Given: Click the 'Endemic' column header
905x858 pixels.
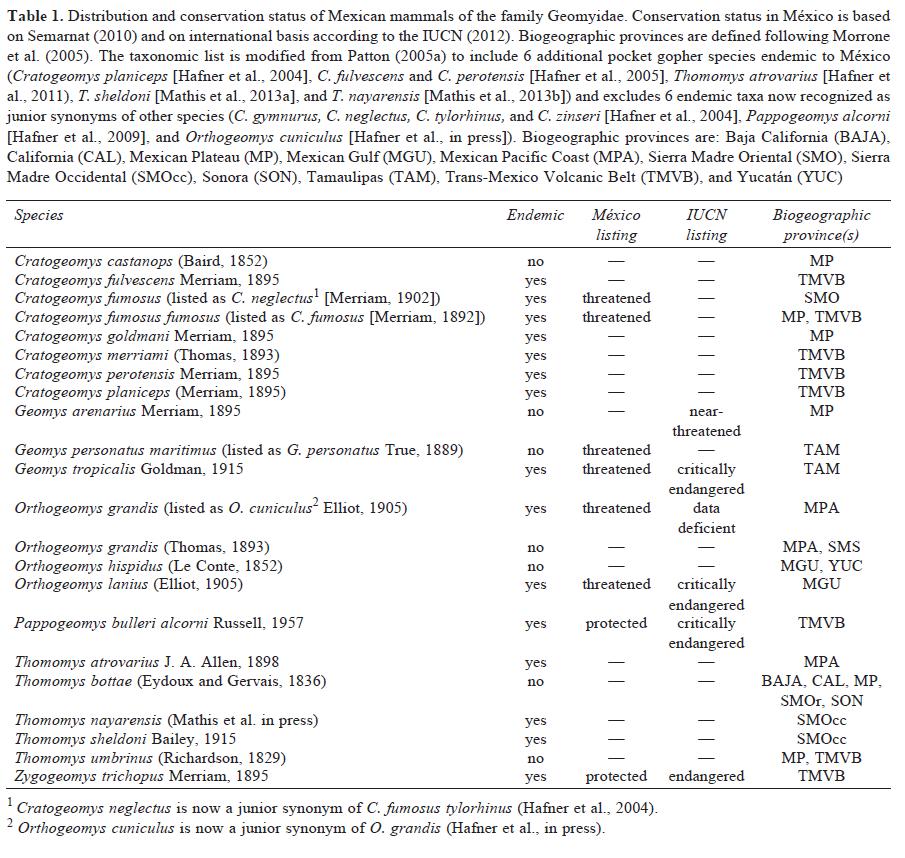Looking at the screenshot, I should (535, 215).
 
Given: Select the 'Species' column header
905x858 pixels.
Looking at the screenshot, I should (39, 215).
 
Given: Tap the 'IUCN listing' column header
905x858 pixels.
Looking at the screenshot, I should (706, 225).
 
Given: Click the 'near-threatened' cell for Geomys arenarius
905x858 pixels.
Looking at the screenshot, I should (706, 421).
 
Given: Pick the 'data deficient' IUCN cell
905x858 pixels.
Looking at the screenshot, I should (706, 518).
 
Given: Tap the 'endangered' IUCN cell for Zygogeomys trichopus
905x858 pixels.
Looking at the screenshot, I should (706, 776).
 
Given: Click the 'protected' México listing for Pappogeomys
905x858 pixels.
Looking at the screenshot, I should (616, 623).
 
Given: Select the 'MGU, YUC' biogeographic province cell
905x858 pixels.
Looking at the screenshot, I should (821, 566).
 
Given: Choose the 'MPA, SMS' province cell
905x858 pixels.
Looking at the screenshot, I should (821, 547).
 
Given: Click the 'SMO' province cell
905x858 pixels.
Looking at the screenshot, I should (821, 298).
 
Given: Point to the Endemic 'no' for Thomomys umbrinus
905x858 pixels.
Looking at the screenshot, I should (535, 758).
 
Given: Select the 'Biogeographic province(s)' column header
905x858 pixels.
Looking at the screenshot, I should (821, 225).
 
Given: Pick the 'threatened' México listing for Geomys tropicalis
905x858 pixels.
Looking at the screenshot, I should (616, 469).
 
